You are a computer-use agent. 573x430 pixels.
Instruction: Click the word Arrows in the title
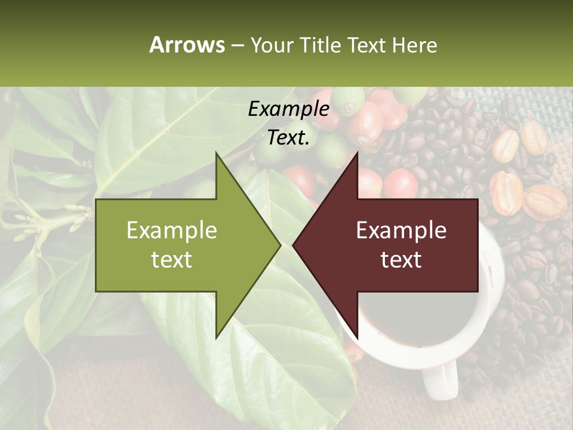point(187,45)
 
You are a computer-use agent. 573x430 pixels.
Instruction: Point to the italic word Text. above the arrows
point(288,138)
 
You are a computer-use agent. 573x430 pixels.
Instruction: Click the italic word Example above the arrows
point(288,109)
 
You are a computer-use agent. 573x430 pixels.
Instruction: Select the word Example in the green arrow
point(172,230)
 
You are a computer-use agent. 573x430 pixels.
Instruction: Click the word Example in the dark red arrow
point(401,230)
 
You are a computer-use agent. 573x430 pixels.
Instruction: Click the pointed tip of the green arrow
point(279,244)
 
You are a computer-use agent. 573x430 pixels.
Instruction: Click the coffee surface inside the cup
point(412,317)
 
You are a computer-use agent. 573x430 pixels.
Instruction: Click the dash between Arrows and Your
point(238,45)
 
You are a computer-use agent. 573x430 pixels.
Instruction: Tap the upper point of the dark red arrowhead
point(357,153)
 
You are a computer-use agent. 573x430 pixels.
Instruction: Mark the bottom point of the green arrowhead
point(216,337)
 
